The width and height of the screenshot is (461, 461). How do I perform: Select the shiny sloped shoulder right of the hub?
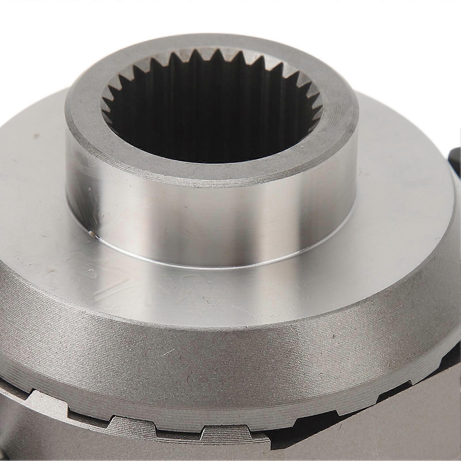(403, 230)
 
